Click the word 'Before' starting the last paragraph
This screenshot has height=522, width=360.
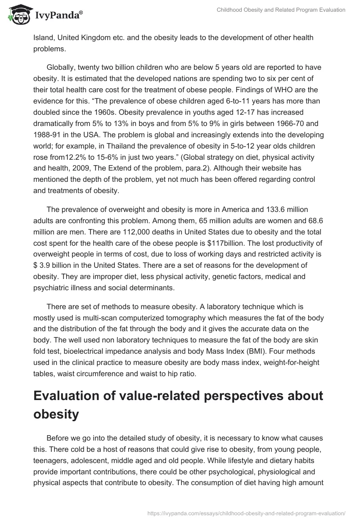coord(58,438)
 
